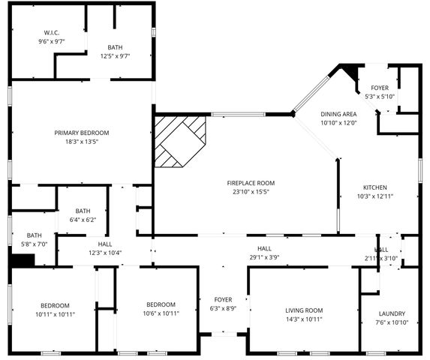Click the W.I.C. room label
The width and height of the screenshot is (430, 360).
51,32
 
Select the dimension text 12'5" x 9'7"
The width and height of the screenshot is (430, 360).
115,55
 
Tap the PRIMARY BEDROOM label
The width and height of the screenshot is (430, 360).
82,133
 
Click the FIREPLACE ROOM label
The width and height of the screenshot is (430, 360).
251,183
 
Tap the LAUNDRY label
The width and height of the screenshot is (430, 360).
392,313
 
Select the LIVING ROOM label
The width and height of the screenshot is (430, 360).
304,310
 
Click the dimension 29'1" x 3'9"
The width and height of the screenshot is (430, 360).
264,256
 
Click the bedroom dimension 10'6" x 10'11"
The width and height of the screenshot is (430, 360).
161,313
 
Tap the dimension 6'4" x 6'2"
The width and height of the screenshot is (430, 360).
83,220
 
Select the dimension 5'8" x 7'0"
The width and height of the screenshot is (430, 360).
35,244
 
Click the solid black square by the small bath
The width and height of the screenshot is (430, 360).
23,259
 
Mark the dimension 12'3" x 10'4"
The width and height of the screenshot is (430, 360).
105,252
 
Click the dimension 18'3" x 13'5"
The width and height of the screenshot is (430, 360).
82,141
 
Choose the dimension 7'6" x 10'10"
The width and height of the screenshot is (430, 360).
392,322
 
